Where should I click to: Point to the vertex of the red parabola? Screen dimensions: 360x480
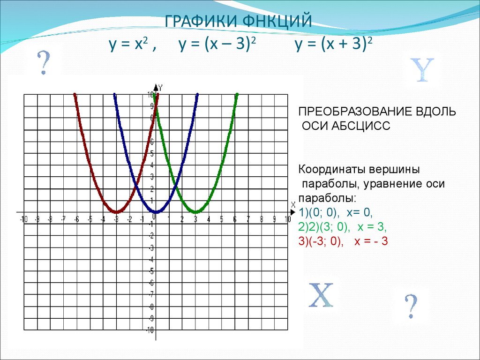click(x=116, y=212)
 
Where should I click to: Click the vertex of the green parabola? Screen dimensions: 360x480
click(x=196, y=212)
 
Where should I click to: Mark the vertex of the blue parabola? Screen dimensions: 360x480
click(x=156, y=212)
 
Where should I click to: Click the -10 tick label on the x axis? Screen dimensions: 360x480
click(x=22, y=219)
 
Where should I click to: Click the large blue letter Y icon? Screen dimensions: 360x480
click(x=422, y=70)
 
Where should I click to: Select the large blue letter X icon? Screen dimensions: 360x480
click(x=320, y=295)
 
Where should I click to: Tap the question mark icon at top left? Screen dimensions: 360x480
click(x=44, y=63)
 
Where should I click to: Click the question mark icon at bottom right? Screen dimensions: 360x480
click(x=411, y=306)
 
